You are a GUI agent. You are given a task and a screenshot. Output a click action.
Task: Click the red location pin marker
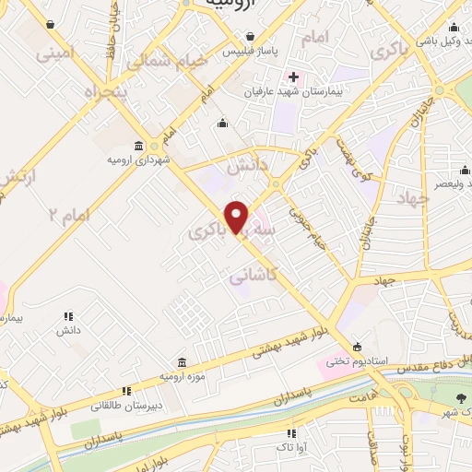[237, 217]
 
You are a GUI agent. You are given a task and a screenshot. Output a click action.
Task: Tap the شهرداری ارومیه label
[138, 160]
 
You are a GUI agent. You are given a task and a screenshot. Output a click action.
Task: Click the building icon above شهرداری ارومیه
[138, 146]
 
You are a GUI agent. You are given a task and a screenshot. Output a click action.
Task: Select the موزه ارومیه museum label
[180, 377]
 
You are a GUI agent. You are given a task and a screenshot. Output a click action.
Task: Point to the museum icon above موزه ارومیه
[180, 361]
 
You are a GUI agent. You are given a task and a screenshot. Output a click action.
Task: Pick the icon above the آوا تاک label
[291, 432]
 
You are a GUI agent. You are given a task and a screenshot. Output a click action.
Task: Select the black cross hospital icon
[293, 77]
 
